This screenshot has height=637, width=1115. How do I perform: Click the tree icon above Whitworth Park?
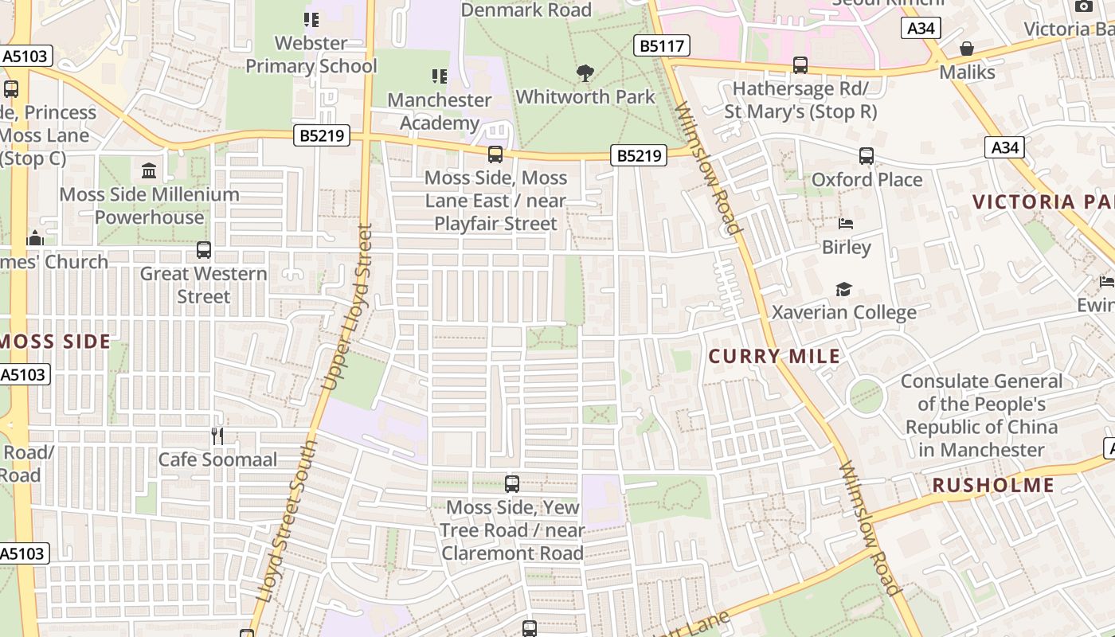(x=585, y=73)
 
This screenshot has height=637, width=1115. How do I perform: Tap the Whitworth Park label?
(x=585, y=97)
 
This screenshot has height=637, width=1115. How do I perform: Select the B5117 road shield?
(x=662, y=46)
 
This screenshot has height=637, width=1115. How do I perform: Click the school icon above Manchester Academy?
(x=440, y=76)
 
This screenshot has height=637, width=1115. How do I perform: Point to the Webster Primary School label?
(x=311, y=54)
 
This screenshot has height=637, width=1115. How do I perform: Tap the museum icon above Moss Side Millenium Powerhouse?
(x=149, y=170)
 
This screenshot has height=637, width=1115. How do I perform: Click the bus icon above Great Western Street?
(x=204, y=250)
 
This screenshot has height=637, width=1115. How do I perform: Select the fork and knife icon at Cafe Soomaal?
(x=217, y=436)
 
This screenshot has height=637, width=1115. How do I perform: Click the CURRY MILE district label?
(x=774, y=356)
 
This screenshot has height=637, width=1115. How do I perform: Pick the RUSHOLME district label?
(x=993, y=485)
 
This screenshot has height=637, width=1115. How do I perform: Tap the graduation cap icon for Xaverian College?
(x=843, y=289)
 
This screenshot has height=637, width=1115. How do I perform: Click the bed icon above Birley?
(x=846, y=224)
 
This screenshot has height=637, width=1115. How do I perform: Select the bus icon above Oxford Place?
(x=867, y=156)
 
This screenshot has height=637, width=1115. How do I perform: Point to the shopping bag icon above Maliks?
(x=967, y=49)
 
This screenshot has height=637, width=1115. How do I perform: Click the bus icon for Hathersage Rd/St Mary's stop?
(x=800, y=65)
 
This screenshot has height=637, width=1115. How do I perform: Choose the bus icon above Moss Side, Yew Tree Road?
(x=512, y=483)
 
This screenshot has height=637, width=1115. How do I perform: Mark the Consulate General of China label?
(x=981, y=415)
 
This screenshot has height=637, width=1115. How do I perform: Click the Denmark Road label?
(x=526, y=10)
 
